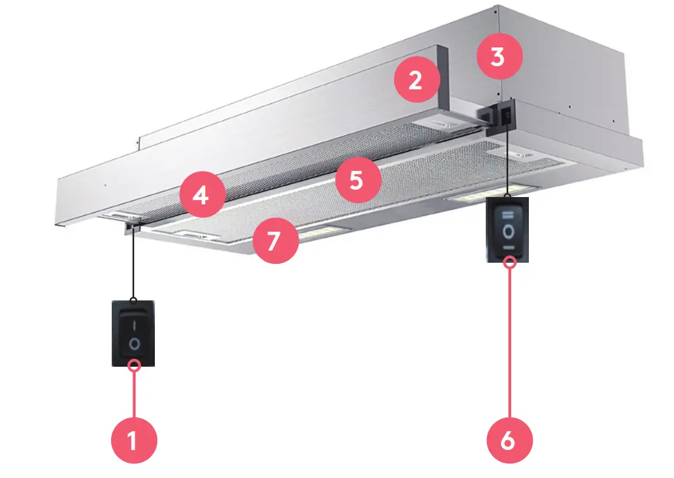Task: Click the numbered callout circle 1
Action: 134,440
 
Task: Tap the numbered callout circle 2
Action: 417,80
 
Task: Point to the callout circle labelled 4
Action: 202,195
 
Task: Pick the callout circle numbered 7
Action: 275,241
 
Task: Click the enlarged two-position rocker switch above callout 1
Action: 134,332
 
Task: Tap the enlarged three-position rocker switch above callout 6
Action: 508,230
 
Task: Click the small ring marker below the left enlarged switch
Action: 135,365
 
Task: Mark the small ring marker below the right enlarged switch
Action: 509,262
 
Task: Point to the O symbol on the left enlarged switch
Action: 134,344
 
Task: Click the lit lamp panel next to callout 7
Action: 320,232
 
